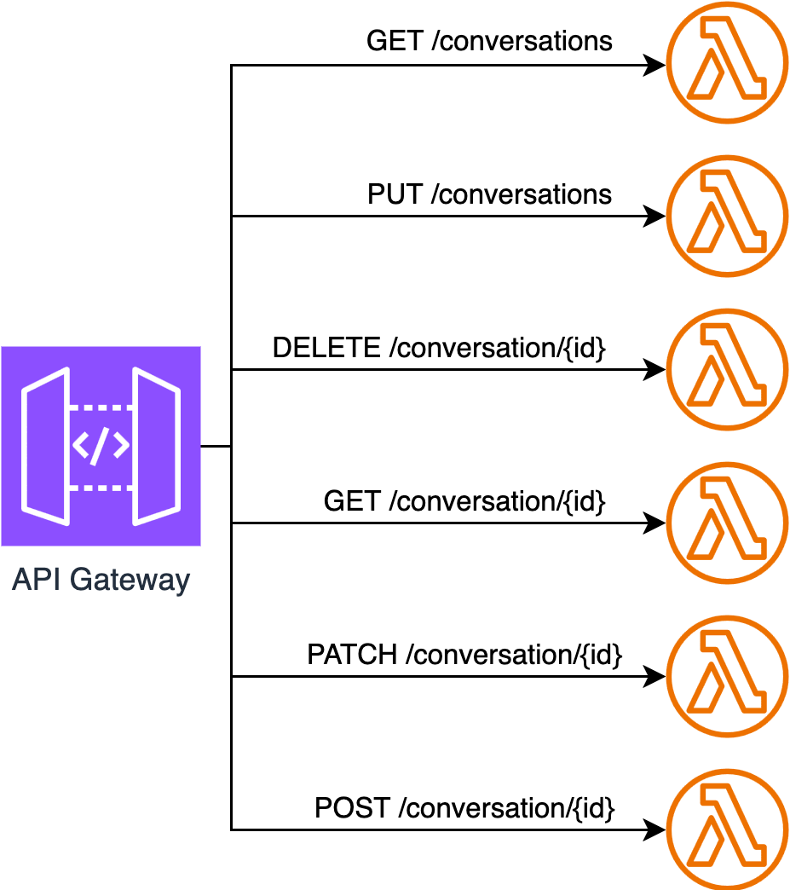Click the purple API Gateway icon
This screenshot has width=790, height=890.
(x=101, y=445)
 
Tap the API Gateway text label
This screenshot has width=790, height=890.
(x=101, y=581)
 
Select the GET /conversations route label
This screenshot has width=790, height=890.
(x=489, y=40)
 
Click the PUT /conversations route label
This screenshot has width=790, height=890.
(x=489, y=194)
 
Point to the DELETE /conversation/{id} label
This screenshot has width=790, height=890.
(x=439, y=348)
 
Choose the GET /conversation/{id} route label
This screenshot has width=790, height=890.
(x=464, y=501)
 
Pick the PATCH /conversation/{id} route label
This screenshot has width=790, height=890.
(x=464, y=655)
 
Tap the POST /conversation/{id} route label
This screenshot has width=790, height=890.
(x=464, y=807)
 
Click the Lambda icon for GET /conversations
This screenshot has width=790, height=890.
(x=729, y=62)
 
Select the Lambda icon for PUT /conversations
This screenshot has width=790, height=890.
(x=729, y=216)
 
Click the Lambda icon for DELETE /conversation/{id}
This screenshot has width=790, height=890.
(x=729, y=369)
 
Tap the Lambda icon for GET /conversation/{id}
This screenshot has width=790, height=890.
(x=729, y=523)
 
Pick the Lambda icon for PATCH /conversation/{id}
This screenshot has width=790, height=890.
(x=729, y=676)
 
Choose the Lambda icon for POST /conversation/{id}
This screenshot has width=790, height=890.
(x=729, y=829)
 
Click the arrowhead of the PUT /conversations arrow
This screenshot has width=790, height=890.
(x=654, y=216)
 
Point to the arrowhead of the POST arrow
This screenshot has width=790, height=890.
(x=654, y=829)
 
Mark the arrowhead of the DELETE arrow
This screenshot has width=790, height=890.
(x=654, y=369)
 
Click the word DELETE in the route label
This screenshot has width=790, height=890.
(x=326, y=348)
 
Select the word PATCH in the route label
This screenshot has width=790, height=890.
(x=352, y=655)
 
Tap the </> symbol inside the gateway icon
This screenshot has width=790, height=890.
(x=101, y=446)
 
